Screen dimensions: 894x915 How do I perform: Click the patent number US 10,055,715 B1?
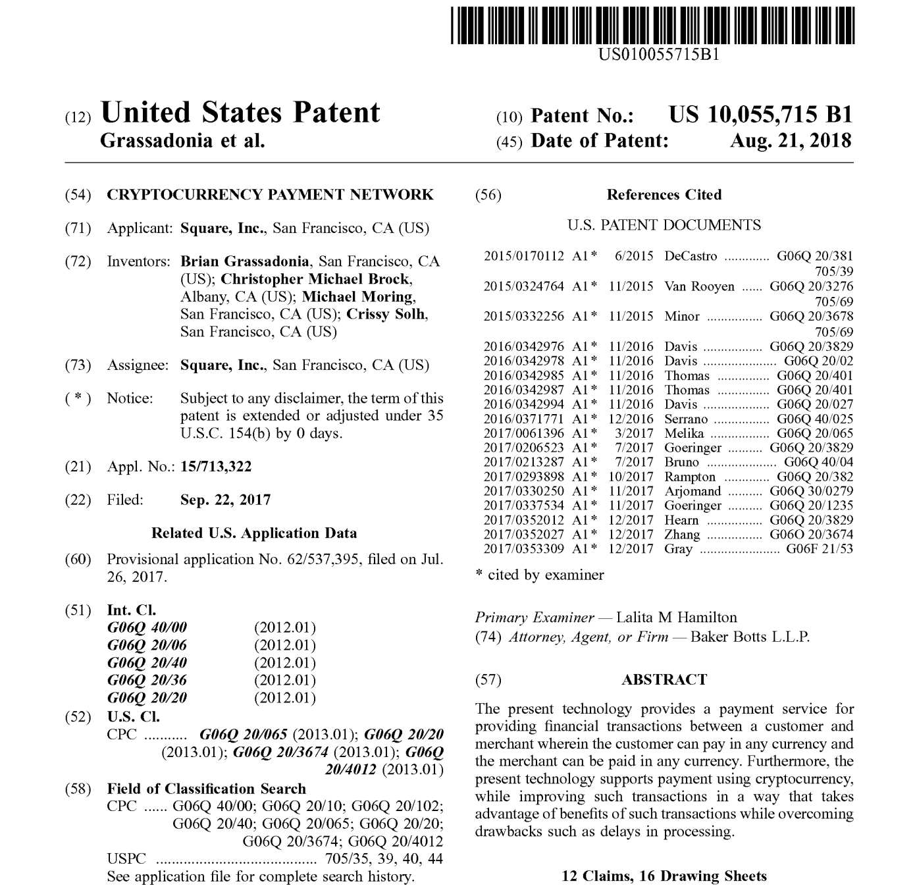760,115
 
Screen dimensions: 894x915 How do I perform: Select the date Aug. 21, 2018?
790,141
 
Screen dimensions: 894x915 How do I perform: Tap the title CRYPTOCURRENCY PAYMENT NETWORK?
270,195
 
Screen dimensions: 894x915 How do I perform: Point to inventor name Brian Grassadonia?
244,261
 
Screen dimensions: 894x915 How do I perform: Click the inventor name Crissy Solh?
387,314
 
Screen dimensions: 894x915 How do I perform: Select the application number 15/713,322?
216,467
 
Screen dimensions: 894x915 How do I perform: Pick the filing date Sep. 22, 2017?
225,500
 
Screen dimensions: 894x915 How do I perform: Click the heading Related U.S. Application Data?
254,533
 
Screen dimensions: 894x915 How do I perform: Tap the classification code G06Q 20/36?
147,680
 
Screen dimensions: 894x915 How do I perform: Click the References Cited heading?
664,195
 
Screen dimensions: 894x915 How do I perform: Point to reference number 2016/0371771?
523,419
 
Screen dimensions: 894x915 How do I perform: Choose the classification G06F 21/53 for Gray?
819,549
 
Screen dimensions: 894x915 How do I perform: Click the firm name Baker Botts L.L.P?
750,637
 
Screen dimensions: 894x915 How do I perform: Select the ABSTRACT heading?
664,680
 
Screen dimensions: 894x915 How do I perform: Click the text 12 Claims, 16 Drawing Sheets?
664,876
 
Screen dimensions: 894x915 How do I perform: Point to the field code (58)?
78,789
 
